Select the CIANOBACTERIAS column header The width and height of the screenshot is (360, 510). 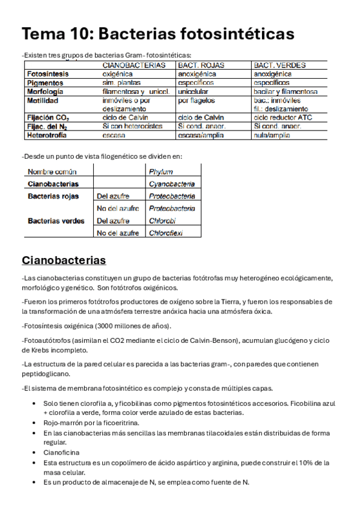point(134,64)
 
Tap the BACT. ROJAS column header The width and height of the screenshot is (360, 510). point(201,64)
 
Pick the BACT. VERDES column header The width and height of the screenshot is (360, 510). point(279,64)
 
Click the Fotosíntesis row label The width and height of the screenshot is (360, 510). point(49,73)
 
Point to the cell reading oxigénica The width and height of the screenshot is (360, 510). point(117,73)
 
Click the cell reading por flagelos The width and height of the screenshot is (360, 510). point(197,100)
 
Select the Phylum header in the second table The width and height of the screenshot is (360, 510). point(160,171)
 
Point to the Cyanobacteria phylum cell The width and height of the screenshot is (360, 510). point(172,184)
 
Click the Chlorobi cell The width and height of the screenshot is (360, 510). point(162,221)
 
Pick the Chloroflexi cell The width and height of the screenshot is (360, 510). point(166,233)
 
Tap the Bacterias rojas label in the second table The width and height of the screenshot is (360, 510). point(53,196)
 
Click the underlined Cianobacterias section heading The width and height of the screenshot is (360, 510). point(64,260)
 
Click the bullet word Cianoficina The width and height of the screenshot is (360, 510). point(61,452)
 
